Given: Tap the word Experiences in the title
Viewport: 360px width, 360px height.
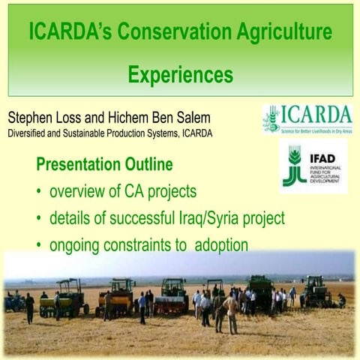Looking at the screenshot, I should tap(180, 75).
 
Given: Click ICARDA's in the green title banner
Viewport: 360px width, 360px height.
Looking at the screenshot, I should tap(67, 32).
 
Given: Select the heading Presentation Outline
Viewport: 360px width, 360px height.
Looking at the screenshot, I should tap(104, 163).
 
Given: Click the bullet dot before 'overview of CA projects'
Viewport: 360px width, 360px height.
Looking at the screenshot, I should tap(38, 192).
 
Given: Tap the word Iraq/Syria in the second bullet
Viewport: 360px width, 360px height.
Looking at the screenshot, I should tap(216, 219).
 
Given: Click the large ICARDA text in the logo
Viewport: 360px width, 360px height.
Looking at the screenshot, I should tap(318, 115).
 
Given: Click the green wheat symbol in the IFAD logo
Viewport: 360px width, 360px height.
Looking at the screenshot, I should tap(294, 166).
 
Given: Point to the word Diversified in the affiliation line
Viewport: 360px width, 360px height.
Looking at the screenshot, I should tap(29, 134).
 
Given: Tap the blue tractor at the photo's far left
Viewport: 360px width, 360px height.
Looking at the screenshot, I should tap(13, 302).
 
